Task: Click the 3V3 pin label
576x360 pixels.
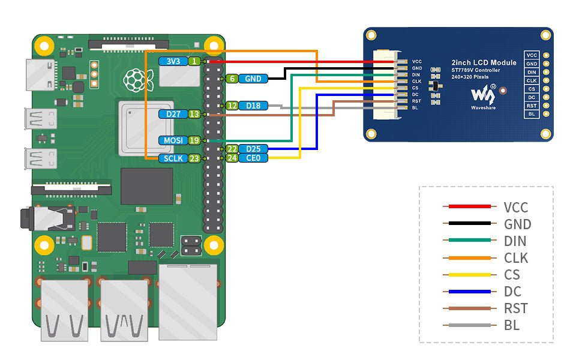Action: [x=173, y=61]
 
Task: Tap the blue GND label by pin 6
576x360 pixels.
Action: [x=253, y=79]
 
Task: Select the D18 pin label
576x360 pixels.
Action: [x=253, y=106]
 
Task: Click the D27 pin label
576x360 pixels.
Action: [x=173, y=114]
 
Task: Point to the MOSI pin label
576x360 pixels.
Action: [x=173, y=140]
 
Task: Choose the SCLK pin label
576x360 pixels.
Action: [x=173, y=159]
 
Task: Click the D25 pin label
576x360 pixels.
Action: [x=253, y=149]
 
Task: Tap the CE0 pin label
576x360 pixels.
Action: [x=253, y=158]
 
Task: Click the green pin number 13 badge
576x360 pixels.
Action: [x=194, y=114]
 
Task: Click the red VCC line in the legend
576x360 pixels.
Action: [x=470, y=207]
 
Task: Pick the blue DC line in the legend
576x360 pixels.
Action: [x=470, y=292]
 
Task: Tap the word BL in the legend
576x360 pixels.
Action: [x=512, y=326]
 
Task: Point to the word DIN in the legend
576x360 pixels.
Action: [x=515, y=241]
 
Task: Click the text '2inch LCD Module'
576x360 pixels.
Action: [x=484, y=62]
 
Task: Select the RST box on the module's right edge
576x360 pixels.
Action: [x=532, y=105]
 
